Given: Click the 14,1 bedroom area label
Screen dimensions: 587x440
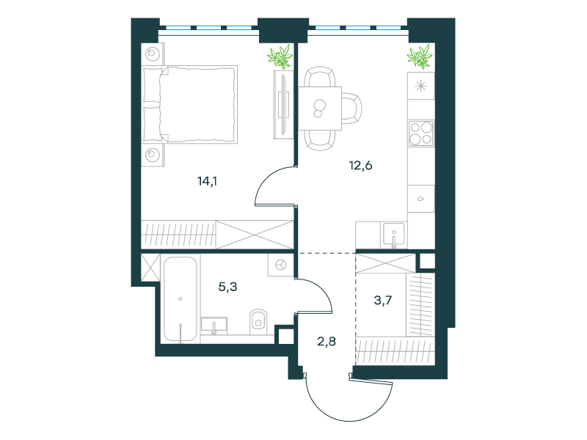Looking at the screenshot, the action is click(207, 181).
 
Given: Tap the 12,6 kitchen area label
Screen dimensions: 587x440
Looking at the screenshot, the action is click(360, 165).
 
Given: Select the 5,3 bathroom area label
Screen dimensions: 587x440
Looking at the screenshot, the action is click(227, 287).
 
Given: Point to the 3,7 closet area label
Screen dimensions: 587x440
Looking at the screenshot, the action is click(383, 300).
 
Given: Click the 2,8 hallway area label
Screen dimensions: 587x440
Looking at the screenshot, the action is click(327, 341).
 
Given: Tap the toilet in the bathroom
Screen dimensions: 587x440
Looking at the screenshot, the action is click(259, 321).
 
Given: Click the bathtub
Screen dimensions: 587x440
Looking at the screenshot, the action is click(180, 299).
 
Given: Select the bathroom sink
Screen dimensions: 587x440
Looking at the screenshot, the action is click(214, 325).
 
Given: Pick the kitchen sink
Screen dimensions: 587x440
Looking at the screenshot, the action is click(393, 235).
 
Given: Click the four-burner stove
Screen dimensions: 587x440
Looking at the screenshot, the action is click(421, 133).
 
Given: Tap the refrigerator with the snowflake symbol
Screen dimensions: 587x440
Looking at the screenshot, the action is click(421, 86).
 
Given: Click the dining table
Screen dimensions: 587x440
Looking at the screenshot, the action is click(320, 108).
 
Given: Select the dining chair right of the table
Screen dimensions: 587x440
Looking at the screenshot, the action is click(351, 109).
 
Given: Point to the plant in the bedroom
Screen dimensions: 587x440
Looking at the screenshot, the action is click(280, 56).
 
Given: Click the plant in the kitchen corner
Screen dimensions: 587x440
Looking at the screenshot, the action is click(420, 56).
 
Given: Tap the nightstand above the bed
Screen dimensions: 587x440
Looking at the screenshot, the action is click(153, 54).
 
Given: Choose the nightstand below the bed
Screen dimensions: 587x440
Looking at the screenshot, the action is click(153, 155).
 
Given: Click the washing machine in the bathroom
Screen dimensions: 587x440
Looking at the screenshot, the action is click(280, 265).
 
